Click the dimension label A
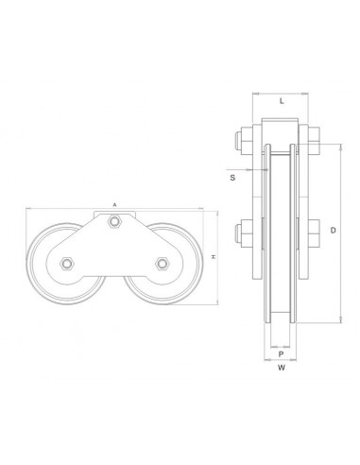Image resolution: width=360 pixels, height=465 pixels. [x=115, y=205]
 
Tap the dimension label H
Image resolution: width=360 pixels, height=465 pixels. [x=214, y=257]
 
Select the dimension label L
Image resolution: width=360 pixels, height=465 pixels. [x=282, y=101]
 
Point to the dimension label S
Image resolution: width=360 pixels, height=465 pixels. [x=232, y=178]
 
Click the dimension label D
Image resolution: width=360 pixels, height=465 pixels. [x=333, y=231]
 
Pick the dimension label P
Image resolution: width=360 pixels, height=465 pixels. [x=281, y=354]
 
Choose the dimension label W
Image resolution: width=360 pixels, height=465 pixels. [x=282, y=368]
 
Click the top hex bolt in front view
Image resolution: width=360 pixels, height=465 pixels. [x=114, y=221]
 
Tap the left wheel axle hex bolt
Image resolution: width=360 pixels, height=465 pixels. [x=67, y=264]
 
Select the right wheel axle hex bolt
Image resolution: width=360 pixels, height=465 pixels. [x=163, y=264]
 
